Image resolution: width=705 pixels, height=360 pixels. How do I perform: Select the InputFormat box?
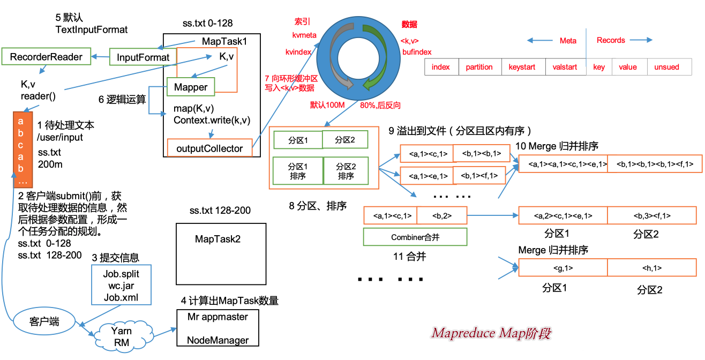click(x=143, y=57)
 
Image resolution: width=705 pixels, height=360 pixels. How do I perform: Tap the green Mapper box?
click(x=191, y=87)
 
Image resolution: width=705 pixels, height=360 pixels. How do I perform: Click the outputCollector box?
click(x=209, y=148)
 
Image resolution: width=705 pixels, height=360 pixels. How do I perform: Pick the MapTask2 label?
click(x=217, y=239)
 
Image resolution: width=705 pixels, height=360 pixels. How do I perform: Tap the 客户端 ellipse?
click(x=44, y=322)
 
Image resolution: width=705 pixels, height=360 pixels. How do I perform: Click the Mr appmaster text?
click(x=217, y=317)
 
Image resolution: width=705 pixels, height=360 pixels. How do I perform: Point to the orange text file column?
click(x=21, y=145)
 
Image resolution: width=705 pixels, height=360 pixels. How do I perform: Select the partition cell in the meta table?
click(x=479, y=67)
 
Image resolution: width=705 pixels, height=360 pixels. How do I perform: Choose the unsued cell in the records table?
click(x=666, y=67)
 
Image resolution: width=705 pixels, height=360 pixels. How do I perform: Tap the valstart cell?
click(x=565, y=67)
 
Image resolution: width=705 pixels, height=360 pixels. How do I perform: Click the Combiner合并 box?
click(x=415, y=237)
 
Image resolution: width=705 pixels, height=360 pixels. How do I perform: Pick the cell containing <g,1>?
click(x=562, y=268)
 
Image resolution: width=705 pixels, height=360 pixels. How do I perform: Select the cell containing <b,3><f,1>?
click(x=652, y=216)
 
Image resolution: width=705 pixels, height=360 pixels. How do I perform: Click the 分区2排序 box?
click(x=346, y=171)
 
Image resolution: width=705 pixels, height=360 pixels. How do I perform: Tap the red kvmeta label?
click(x=304, y=35)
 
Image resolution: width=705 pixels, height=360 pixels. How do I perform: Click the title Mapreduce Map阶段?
click(x=491, y=334)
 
